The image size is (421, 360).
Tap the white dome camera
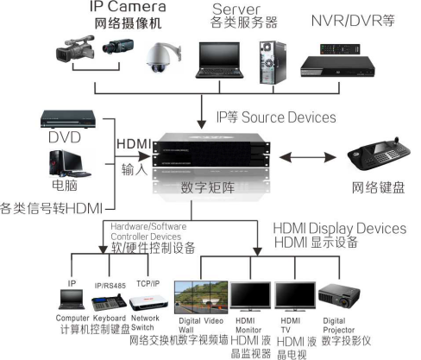click(160, 59)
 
